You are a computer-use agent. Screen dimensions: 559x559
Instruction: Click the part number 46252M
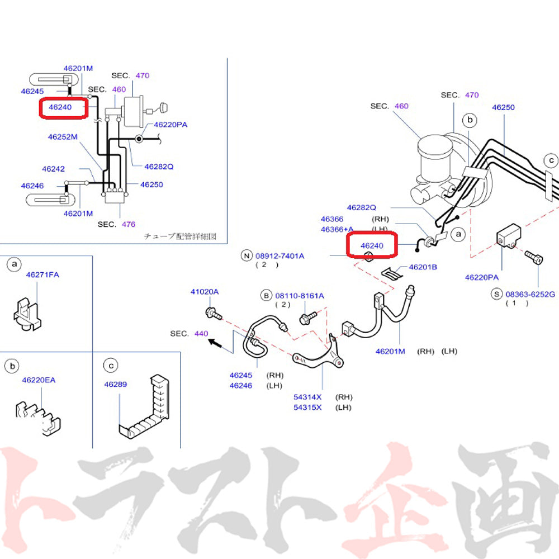point(62,137)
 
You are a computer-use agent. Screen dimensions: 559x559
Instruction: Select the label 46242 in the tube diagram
point(53,168)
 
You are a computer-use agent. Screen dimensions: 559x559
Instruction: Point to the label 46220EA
point(39,380)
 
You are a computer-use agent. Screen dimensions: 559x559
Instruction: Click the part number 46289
point(115,384)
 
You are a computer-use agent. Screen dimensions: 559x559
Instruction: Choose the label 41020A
point(205,292)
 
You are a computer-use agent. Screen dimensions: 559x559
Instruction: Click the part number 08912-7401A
point(280,256)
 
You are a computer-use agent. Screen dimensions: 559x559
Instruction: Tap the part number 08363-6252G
point(530,293)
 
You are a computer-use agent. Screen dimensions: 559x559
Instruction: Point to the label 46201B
point(423,267)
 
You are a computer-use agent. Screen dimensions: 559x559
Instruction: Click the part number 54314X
point(308,397)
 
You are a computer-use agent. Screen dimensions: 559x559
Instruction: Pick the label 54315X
point(308,408)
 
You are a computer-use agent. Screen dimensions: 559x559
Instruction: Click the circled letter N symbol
point(246,256)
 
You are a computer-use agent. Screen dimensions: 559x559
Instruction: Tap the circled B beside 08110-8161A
point(266,295)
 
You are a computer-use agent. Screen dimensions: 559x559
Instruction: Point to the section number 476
point(128,224)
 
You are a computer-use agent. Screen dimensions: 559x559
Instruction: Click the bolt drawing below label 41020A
point(213,313)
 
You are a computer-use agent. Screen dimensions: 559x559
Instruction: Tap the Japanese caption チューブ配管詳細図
point(180,236)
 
